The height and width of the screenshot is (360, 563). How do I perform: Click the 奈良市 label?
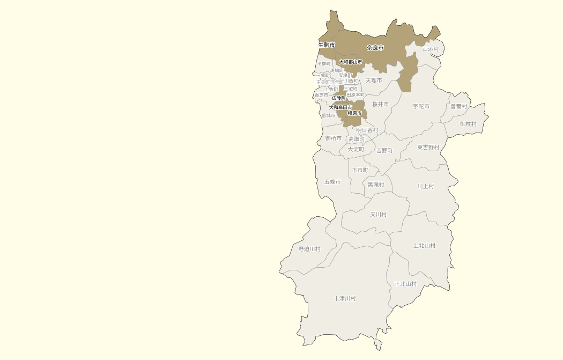375,48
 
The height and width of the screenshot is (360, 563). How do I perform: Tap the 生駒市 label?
327,45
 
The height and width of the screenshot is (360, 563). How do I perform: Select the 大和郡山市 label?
350,62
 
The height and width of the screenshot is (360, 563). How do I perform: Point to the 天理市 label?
374,80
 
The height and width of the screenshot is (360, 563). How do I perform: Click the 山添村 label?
430,49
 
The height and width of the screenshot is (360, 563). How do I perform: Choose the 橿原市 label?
354,113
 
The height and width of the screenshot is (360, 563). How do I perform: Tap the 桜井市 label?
380,104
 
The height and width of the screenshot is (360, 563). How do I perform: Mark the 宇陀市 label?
421,106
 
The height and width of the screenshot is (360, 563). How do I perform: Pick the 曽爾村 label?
458,106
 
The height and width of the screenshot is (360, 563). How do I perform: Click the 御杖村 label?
468,124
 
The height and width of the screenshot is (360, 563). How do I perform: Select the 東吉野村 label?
428,147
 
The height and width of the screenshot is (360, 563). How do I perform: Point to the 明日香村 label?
367,130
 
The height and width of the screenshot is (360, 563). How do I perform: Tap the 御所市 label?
333,138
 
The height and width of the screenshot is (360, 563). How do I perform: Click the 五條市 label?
332,182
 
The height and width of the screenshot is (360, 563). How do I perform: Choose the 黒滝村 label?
375,184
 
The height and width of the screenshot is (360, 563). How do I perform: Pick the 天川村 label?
378,214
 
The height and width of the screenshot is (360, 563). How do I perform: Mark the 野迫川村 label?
309,249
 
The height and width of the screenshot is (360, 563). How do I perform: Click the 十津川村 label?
344,298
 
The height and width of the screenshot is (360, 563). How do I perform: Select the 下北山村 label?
405,284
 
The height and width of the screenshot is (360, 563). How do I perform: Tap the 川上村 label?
425,186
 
